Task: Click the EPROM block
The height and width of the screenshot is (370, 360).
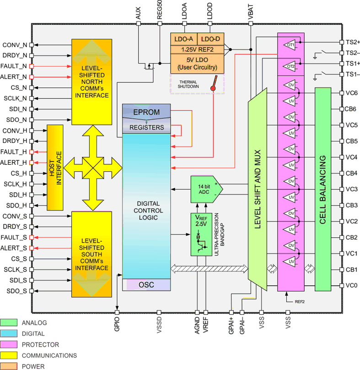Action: click(x=146, y=111)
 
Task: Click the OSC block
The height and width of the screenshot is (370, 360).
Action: click(x=146, y=284)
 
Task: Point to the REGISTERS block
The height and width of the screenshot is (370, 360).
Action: click(x=146, y=127)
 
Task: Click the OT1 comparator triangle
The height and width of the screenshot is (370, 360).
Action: click(x=290, y=45)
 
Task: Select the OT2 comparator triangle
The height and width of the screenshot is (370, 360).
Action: click(x=290, y=66)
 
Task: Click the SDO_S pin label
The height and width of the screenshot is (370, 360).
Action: click(x=15, y=291)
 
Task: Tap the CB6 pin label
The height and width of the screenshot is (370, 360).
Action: click(x=351, y=109)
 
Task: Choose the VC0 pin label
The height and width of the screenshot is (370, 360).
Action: click(x=351, y=285)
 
